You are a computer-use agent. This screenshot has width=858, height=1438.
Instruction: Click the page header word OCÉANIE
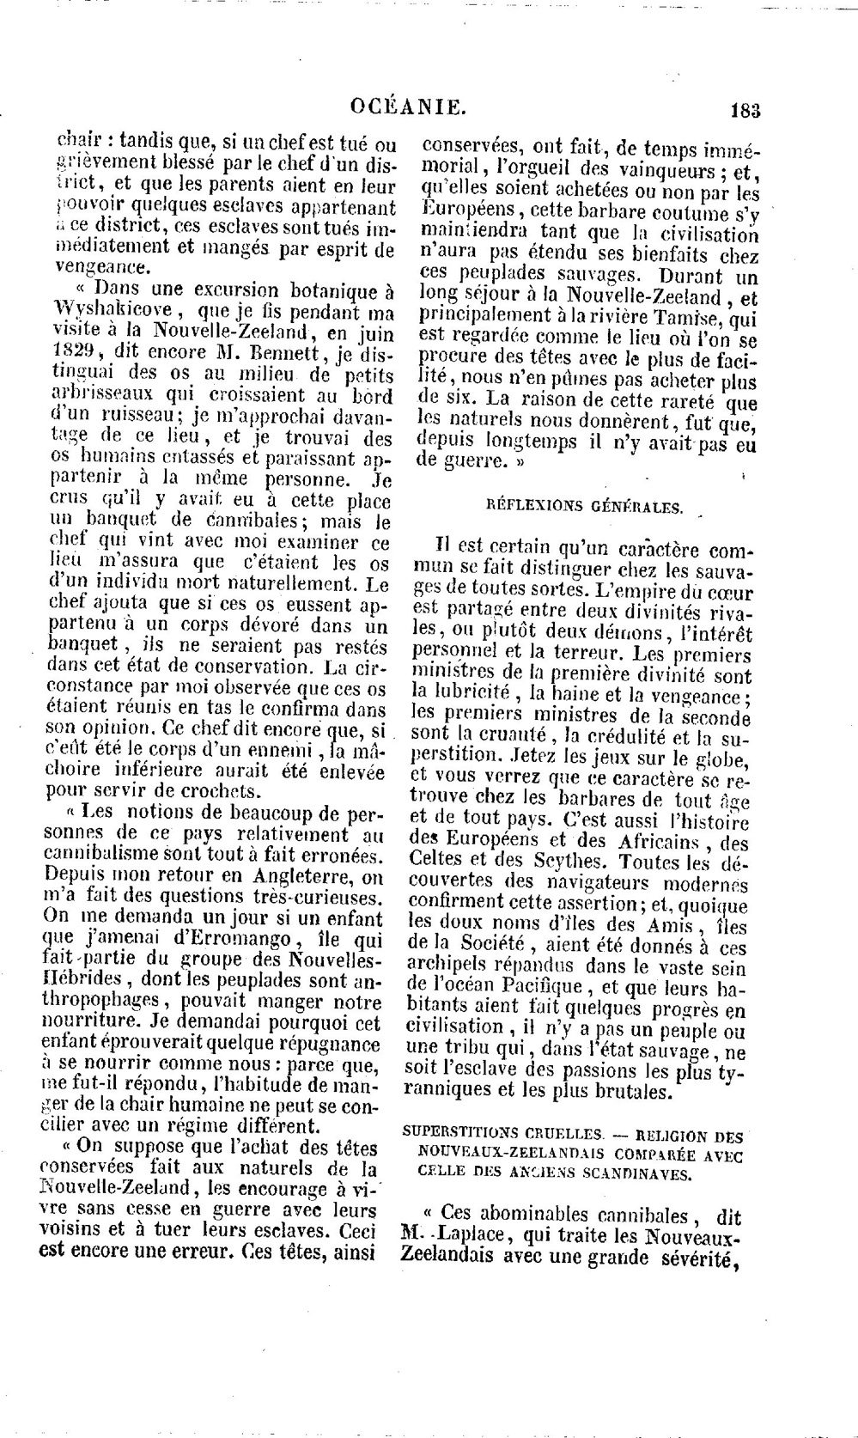click(x=410, y=107)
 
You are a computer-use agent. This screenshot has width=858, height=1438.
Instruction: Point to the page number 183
click(x=745, y=110)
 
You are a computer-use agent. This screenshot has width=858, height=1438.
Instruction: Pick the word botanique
click(x=327, y=288)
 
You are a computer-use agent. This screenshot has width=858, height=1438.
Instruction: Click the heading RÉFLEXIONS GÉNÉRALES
click(x=585, y=507)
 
